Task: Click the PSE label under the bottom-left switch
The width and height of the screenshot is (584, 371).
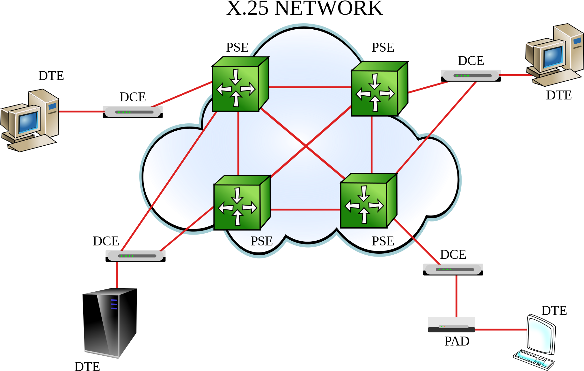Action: pos(261,241)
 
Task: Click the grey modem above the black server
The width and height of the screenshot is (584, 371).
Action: pos(135,256)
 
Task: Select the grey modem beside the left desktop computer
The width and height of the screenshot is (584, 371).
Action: pos(133,112)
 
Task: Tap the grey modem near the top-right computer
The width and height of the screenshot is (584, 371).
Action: pos(471,76)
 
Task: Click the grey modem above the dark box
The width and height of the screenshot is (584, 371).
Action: pos(453,270)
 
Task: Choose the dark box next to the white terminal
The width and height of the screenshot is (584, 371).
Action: pos(451,325)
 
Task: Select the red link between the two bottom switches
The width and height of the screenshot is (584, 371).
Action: pos(305,209)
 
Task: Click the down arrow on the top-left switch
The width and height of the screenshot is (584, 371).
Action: pos(236,76)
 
